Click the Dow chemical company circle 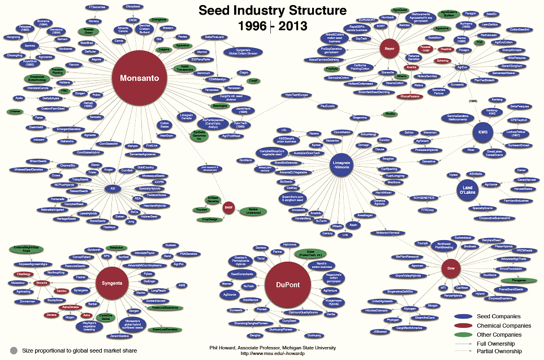450,268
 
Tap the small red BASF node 228,207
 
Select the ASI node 112,188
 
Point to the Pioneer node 262,310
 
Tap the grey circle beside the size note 14,350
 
